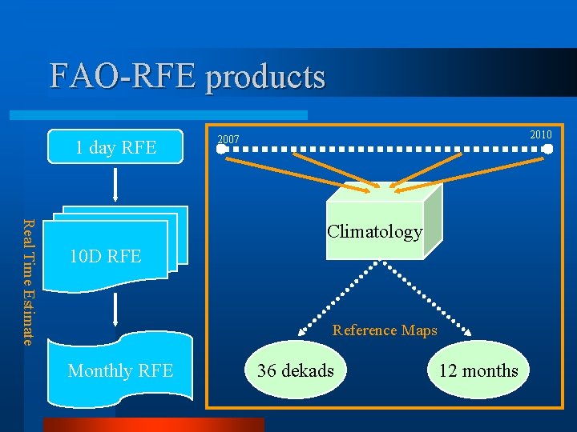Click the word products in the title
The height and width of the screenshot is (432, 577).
[x=265, y=76]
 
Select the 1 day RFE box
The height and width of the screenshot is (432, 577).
[x=115, y=146]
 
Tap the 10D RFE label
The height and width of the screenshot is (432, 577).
[x=105, y=257]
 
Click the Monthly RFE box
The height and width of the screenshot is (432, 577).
[x=120, y=370]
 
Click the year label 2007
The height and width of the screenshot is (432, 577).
[x=228, y=140]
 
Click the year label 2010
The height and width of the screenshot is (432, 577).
[x=541, y=134]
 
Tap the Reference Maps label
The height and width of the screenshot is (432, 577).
[x=385, y=330]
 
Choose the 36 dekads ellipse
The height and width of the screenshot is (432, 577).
[x=296, y=370]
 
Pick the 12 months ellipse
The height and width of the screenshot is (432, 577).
[x=478, y=370]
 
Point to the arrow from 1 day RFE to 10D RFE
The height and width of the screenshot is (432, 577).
[x=116, y=184]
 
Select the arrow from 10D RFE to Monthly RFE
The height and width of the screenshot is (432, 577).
[x=116, y=308]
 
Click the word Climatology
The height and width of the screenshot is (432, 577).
[x=374, y=232]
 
